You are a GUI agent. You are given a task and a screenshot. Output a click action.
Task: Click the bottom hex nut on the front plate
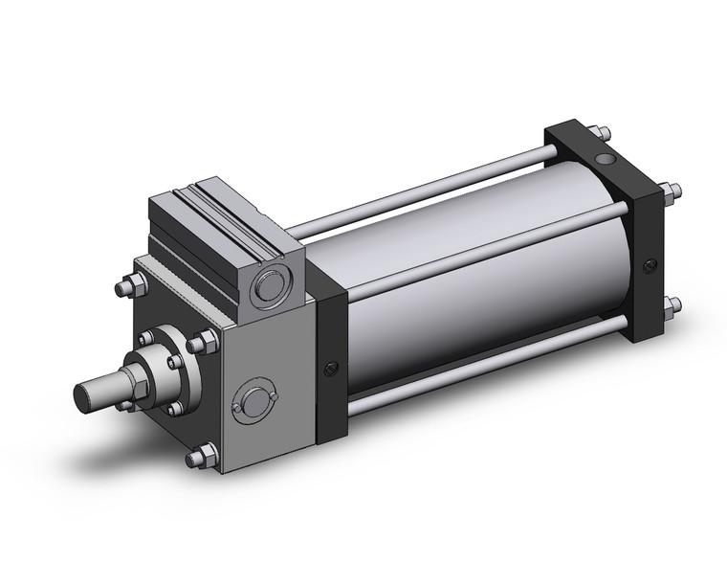198,457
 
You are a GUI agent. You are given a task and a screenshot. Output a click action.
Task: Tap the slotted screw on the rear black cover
650,265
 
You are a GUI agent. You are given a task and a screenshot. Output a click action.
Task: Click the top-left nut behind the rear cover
593,131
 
